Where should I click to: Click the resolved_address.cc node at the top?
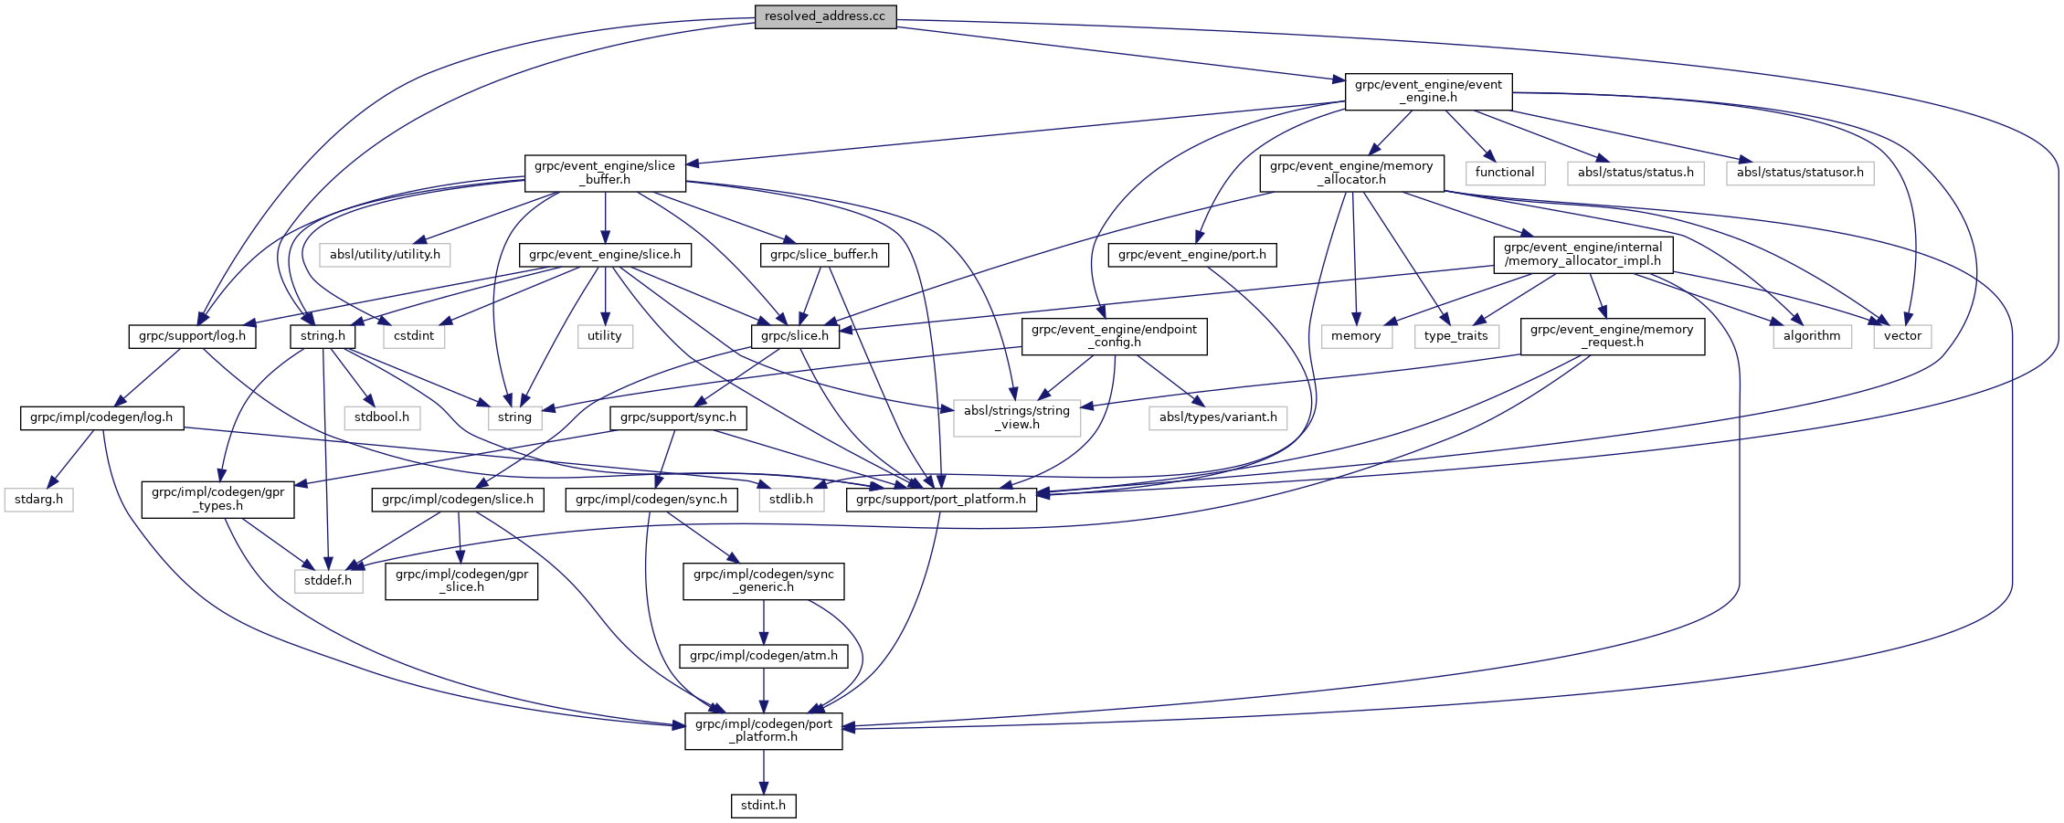825,16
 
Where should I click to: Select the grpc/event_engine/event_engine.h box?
1428,91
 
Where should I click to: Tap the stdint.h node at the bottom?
763,806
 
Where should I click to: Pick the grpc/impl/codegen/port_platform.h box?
763,731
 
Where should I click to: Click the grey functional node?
1504,173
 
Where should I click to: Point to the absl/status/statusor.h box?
1799,173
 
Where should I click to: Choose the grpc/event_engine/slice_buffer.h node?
605,173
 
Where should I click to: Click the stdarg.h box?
38,500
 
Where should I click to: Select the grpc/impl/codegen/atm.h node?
763,656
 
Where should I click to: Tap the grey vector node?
1902,336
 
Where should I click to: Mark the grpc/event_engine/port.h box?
1191,255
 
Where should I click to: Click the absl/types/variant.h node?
1218,417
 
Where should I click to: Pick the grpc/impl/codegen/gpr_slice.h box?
461,581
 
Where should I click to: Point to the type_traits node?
1455,336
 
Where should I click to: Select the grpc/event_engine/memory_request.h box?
1612,336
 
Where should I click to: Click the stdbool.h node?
382,417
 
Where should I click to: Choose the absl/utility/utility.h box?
385,255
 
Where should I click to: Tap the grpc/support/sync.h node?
678,417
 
